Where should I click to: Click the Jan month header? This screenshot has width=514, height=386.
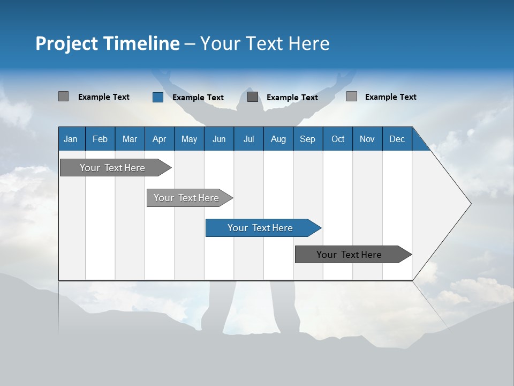[71, 139]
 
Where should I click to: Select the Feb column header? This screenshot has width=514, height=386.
[100, 139]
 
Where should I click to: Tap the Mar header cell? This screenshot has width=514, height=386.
[130, 139]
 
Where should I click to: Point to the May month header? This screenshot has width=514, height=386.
[189, 139]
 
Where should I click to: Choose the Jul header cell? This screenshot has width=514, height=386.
[248, 139]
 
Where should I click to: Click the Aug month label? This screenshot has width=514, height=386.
[278, 139]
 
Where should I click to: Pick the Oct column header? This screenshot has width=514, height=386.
[338, 139]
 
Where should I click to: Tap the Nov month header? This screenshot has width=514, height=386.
[367, 139]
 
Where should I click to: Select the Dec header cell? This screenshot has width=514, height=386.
[397, 139]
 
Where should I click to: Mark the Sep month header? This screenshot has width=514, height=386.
[307, 139]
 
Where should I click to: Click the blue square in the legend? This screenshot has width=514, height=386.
[158, 97]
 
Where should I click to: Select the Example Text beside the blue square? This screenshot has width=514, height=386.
[198, 98]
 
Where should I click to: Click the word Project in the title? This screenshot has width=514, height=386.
[69, 43]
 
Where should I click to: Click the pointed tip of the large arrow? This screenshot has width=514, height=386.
[469, 204]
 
